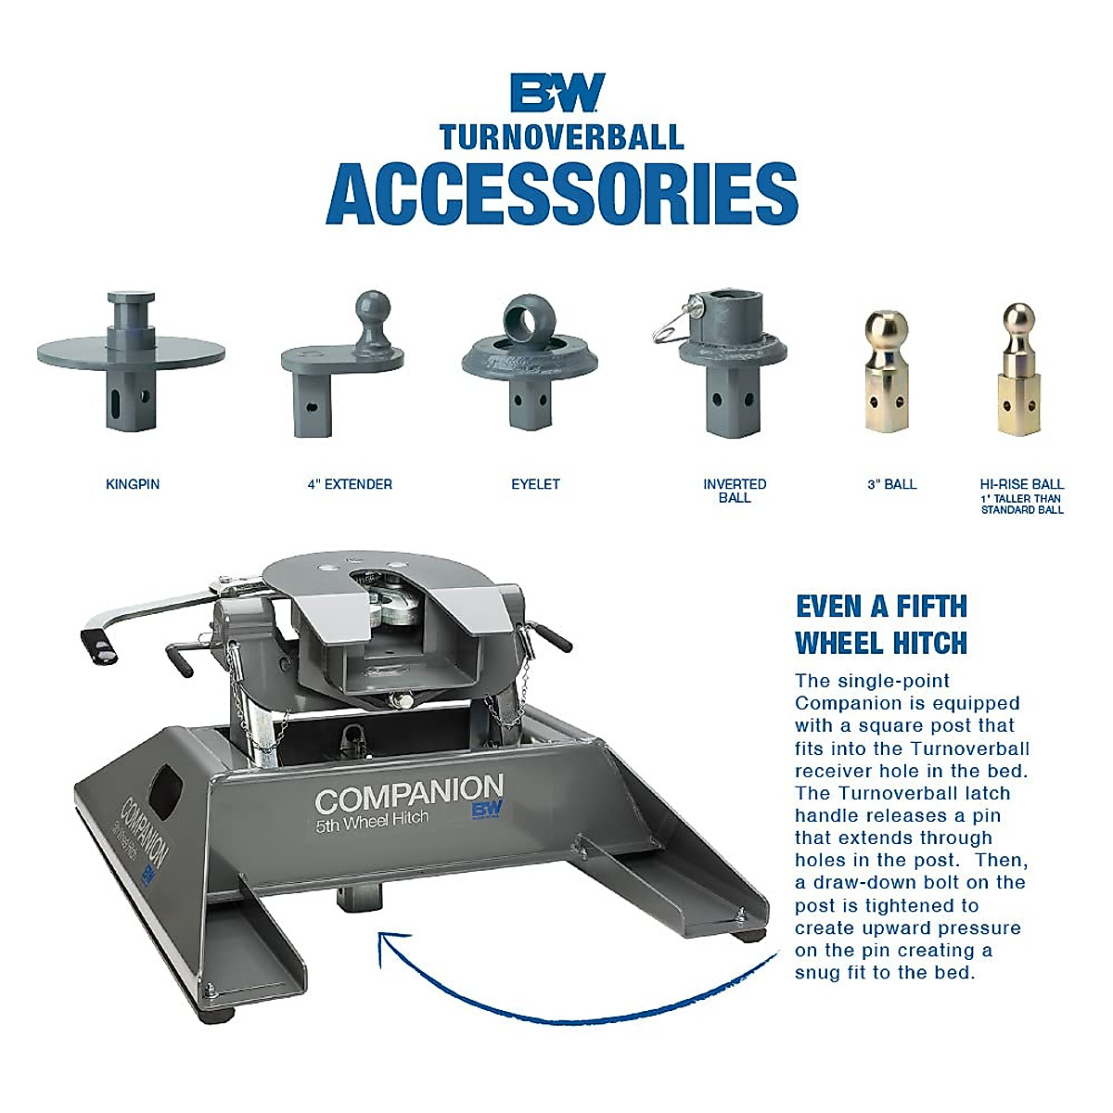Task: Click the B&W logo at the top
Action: pos(557,93)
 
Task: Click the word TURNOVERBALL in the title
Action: pos(561,137)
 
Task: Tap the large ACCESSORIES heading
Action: pos(561,194)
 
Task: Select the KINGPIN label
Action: pos(133,484)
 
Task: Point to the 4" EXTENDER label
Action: pos(350,484)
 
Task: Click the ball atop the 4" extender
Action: pos(373,308)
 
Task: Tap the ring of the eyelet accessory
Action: pos(530,319)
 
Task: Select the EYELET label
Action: pos(535,484)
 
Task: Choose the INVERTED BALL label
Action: pos(735,491)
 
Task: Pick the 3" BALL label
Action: pos(891,484)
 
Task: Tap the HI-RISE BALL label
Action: pos(1021,484)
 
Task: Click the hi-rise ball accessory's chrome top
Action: pos(1018,318)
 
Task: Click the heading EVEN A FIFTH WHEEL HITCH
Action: pos(881,624)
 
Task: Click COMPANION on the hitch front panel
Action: pos(408,795)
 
